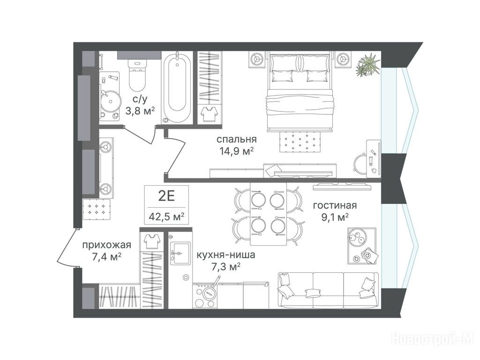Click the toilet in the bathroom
coord(137,75)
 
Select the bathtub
coord(177,88)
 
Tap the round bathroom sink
coord(109,101)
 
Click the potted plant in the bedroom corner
coord(367,65)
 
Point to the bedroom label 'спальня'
coord(236,139)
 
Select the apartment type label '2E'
coord(166,196)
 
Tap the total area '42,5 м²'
coord(166,217)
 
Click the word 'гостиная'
coord(335,205)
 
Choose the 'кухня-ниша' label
coord(225,255)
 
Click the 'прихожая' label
coord(107,245)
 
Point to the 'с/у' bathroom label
coord(140,99)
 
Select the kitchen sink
coord(180,253)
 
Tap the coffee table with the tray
coord(361,246)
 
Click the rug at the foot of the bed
coord(300,141)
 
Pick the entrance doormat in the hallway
coord(97,209)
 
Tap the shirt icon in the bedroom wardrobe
coord(210,113)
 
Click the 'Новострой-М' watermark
coord(433,339)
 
